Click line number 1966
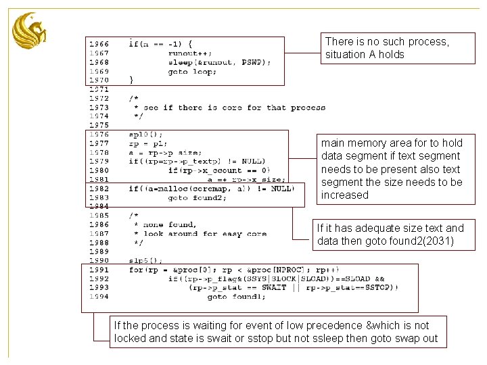99,44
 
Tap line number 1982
99,189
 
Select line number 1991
99,270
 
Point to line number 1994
99,297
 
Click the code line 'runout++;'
189,53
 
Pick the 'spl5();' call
145,260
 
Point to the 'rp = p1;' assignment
148,143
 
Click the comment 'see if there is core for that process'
234,107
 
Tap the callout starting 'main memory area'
395,169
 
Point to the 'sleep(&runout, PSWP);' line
219,62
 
